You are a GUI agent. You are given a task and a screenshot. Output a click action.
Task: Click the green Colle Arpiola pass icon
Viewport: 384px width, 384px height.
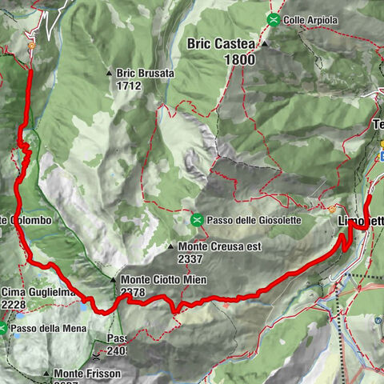click(274, 19)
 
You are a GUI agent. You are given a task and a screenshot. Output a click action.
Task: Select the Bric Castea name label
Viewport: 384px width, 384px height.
click(222, 44)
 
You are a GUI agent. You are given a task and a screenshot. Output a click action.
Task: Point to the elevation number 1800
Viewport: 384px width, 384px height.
click(240, 60)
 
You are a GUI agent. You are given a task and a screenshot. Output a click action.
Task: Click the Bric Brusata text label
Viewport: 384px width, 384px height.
click(144, 72)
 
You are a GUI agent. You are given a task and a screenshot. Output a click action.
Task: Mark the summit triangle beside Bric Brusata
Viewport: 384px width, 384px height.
click(110, 73)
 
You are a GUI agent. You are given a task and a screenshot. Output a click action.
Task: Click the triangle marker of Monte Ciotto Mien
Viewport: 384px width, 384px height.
click(114, 280)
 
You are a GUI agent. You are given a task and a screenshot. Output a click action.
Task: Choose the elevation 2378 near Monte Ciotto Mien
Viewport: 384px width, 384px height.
click(133, 294)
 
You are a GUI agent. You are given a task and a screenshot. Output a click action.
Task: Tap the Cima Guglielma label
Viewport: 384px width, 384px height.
click(36, 292)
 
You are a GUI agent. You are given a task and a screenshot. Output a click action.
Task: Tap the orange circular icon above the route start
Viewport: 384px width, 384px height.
click(30, 46)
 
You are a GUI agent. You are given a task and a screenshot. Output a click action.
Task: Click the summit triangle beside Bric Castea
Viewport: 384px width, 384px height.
click(264, 45)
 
